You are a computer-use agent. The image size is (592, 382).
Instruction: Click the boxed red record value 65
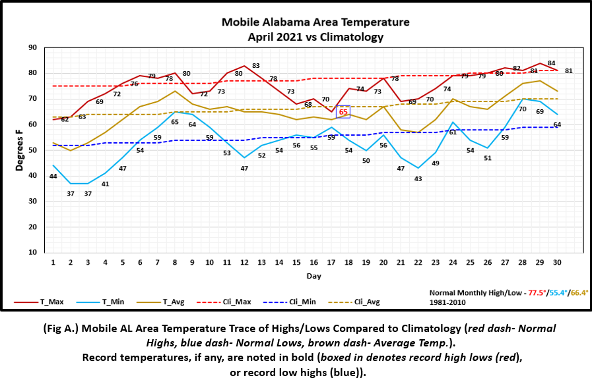click(343, 112)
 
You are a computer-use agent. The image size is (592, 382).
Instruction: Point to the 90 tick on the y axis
click(32, 47)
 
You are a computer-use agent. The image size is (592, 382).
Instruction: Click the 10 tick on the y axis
click(32, 252)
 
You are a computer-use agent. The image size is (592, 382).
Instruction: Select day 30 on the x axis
click(558, 261)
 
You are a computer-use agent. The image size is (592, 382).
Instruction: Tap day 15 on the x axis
click(297, 261)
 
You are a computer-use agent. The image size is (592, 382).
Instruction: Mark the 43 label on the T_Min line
click(418, 178)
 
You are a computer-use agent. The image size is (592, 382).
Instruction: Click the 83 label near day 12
click(255, 66)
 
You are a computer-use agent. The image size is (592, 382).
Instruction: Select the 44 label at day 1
click(53, 177)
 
